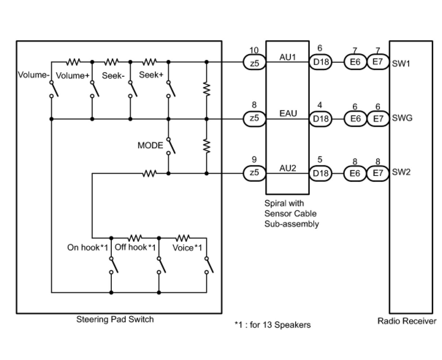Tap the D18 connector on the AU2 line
click(x=321, y=173)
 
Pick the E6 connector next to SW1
click(x=355, y=63)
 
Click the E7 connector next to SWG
click(x=378, y=119)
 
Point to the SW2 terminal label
click(x=401, y=172)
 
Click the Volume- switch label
click(x=34, y=75)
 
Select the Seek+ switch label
click(x=151, y=75)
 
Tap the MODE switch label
click(x=150, y=145)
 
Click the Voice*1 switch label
click(x=187, y=248)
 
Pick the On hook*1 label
click(x=88, y=248)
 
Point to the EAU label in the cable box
click(x=288, y=113)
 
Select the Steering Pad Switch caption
click(x=115, y=320)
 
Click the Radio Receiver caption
click(x=407, y=321)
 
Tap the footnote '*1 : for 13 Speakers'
click(x=273, y=325)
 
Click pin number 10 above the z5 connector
click(x=254, y=50)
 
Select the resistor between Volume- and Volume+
click(x=74, y=62)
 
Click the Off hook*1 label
click(x=135, y=248)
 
